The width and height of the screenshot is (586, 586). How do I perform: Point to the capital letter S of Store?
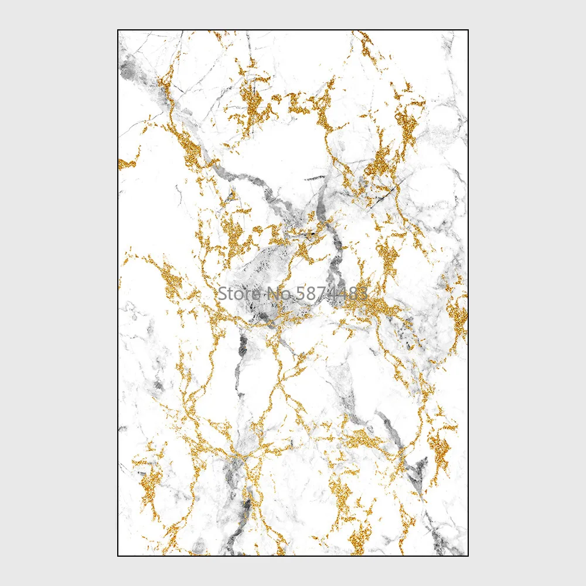pyautogui.click(x=222, y=292)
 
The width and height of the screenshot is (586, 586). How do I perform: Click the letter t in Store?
pyautogui.click(x=229, y=292)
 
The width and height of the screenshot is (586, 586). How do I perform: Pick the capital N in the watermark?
pyautogui.click(x=264, y=292)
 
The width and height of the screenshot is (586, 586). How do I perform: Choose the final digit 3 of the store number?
pyautogui.click(x=363, y=292)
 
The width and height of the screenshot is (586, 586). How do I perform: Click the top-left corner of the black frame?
pyautogui.click(x=118, y=30)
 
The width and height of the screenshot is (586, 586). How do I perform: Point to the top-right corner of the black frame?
pyautogui.click(x=468, y=30)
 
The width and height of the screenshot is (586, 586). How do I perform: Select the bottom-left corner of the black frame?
pyautogui.click(x=118, y=556)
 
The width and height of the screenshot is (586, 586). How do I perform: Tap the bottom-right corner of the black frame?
pyautogui.click(x=468, y=556)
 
